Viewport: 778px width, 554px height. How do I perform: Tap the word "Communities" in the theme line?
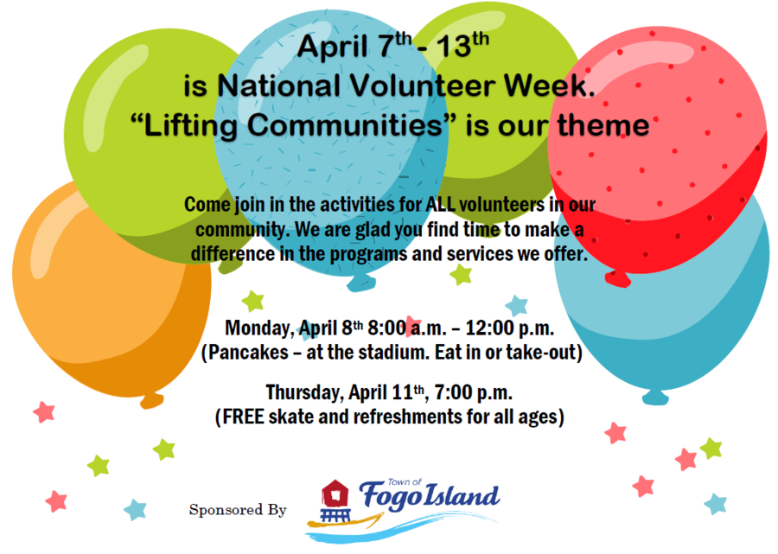(x=345, y=124)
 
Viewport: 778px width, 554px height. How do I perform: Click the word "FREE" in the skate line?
(x=243, y=417)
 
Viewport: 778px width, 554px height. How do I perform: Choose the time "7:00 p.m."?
(x=474, y=392)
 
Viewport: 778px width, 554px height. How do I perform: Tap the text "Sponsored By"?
(x=238, y=510)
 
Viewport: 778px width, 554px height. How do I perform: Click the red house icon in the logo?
(x=335, y=494)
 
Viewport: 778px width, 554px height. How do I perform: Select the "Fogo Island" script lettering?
(x=429, y=496)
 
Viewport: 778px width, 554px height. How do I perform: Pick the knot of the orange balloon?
(x=151, y=400)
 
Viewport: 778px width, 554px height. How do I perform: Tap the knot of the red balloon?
(x=618, y=279)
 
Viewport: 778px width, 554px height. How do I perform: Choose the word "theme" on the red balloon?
(x=603, y=124)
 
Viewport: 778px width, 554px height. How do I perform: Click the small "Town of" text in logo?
(x=405, y=481)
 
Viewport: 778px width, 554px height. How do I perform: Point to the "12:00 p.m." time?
(x=509, y=328)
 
